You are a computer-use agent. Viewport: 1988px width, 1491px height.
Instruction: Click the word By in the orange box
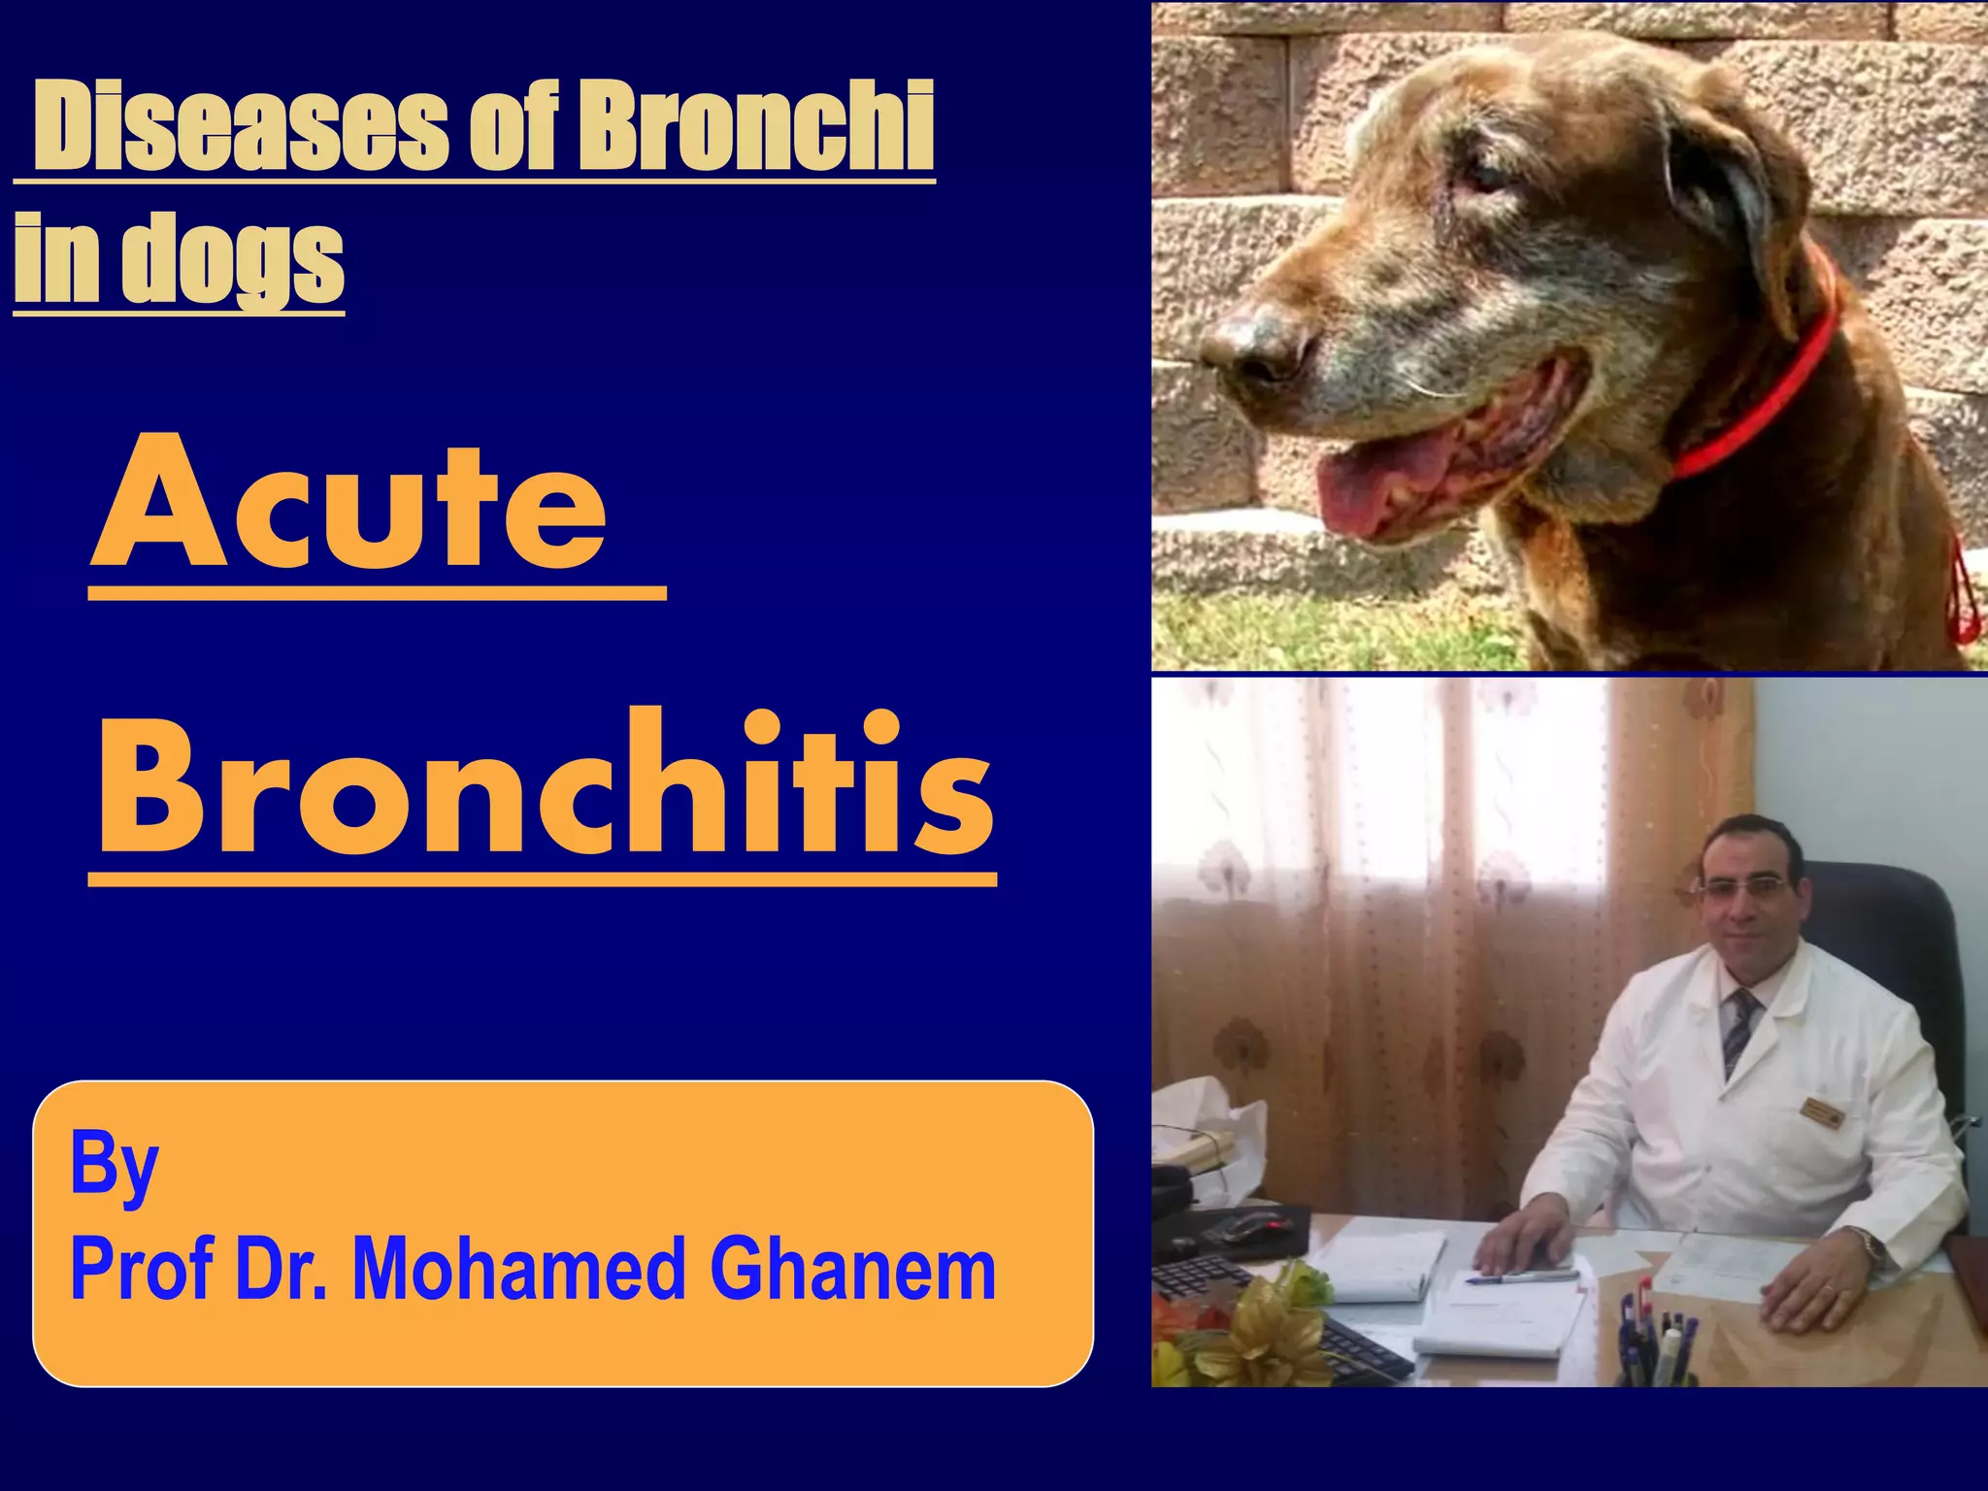[x=114, y=1165]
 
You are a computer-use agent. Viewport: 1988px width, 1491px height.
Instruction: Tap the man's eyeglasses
[x=1743, y=888]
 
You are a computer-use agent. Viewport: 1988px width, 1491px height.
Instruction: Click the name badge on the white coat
[x=1821, y=1111]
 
